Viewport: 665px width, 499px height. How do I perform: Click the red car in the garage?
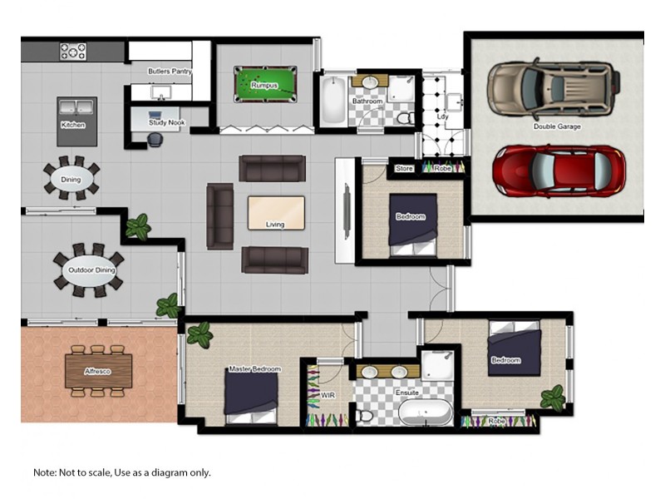(558, 170)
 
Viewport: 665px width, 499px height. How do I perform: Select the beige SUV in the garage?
(554, 87)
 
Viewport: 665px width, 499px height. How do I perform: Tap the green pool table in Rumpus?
(264, 84)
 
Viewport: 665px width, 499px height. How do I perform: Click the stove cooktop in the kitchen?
(72, 51)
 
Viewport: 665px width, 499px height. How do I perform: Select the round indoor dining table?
(71, 178)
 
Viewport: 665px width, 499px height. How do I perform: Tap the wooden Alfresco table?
(98, 371)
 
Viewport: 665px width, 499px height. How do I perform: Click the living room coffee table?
(276, 213)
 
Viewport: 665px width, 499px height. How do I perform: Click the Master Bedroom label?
(254, 368)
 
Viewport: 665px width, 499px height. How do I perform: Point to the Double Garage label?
(557, 126)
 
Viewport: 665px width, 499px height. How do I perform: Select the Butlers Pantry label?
(170, 72)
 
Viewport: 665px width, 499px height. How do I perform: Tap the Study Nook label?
(166, 123)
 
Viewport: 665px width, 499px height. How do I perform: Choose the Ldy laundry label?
(442, 116)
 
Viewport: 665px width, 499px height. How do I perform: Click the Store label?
(404, 169)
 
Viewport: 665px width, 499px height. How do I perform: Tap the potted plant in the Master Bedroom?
(199, 335)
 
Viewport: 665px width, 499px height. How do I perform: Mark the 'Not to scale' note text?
(122, 472)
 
